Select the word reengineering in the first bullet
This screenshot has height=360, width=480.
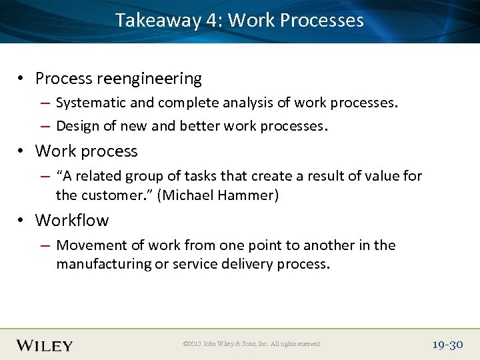tap(149, 79)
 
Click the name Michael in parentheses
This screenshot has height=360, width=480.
tap(186, 195)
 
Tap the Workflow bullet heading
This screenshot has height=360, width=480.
tap(72, 221)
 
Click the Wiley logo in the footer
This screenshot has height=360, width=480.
tap(45, 345)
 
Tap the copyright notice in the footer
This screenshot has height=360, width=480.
tap(252, 344)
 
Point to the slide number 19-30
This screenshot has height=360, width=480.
tap(447, 345)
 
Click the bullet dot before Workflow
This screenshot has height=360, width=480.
tap(22, 221)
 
